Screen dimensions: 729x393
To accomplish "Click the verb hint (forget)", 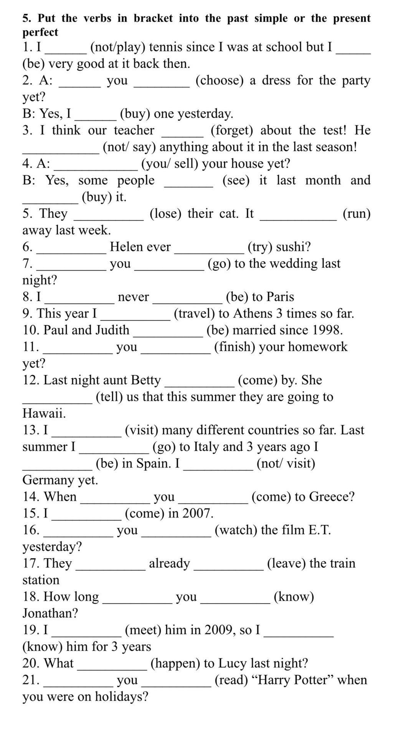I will pyautogui.click(x=232, y=131).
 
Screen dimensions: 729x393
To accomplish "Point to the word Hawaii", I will pyautogui.click(x=44, y=413).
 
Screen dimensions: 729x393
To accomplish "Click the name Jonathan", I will pyautogui.click(x=50, y=613).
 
